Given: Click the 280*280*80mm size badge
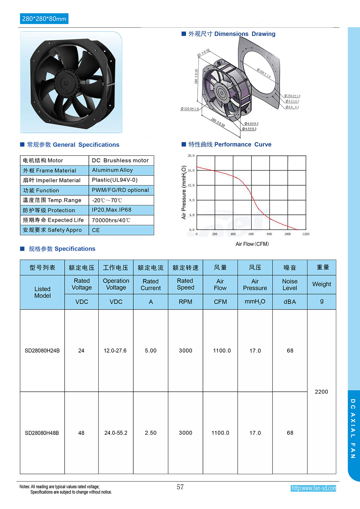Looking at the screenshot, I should (44, 19).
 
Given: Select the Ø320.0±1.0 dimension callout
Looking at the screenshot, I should (190, 109).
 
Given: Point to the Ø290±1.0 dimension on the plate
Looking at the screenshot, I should (264, 73).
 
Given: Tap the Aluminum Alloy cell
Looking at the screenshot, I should (112, 170).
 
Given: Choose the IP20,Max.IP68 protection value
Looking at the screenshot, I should (112, 210).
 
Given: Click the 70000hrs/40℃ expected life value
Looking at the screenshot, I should (111, 220).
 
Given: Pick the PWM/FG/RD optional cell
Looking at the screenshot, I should (120, 190).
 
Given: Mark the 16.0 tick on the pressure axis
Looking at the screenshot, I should (191, 171).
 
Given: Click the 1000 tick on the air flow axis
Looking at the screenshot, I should (287, 234).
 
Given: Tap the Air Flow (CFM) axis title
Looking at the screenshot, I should (252, 244).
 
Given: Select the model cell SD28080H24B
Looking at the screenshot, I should (42, 351).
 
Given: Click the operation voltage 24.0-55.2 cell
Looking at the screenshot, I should (116, 433).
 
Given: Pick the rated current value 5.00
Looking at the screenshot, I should (151, 351).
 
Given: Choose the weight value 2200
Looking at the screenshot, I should (321, 392).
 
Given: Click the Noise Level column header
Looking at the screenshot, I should (290, 284).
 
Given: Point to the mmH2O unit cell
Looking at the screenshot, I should (255, 302).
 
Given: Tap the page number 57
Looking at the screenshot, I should (180, 487).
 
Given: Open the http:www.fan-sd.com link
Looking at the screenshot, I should (313, 488).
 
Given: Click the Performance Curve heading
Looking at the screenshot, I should (243, 144).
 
